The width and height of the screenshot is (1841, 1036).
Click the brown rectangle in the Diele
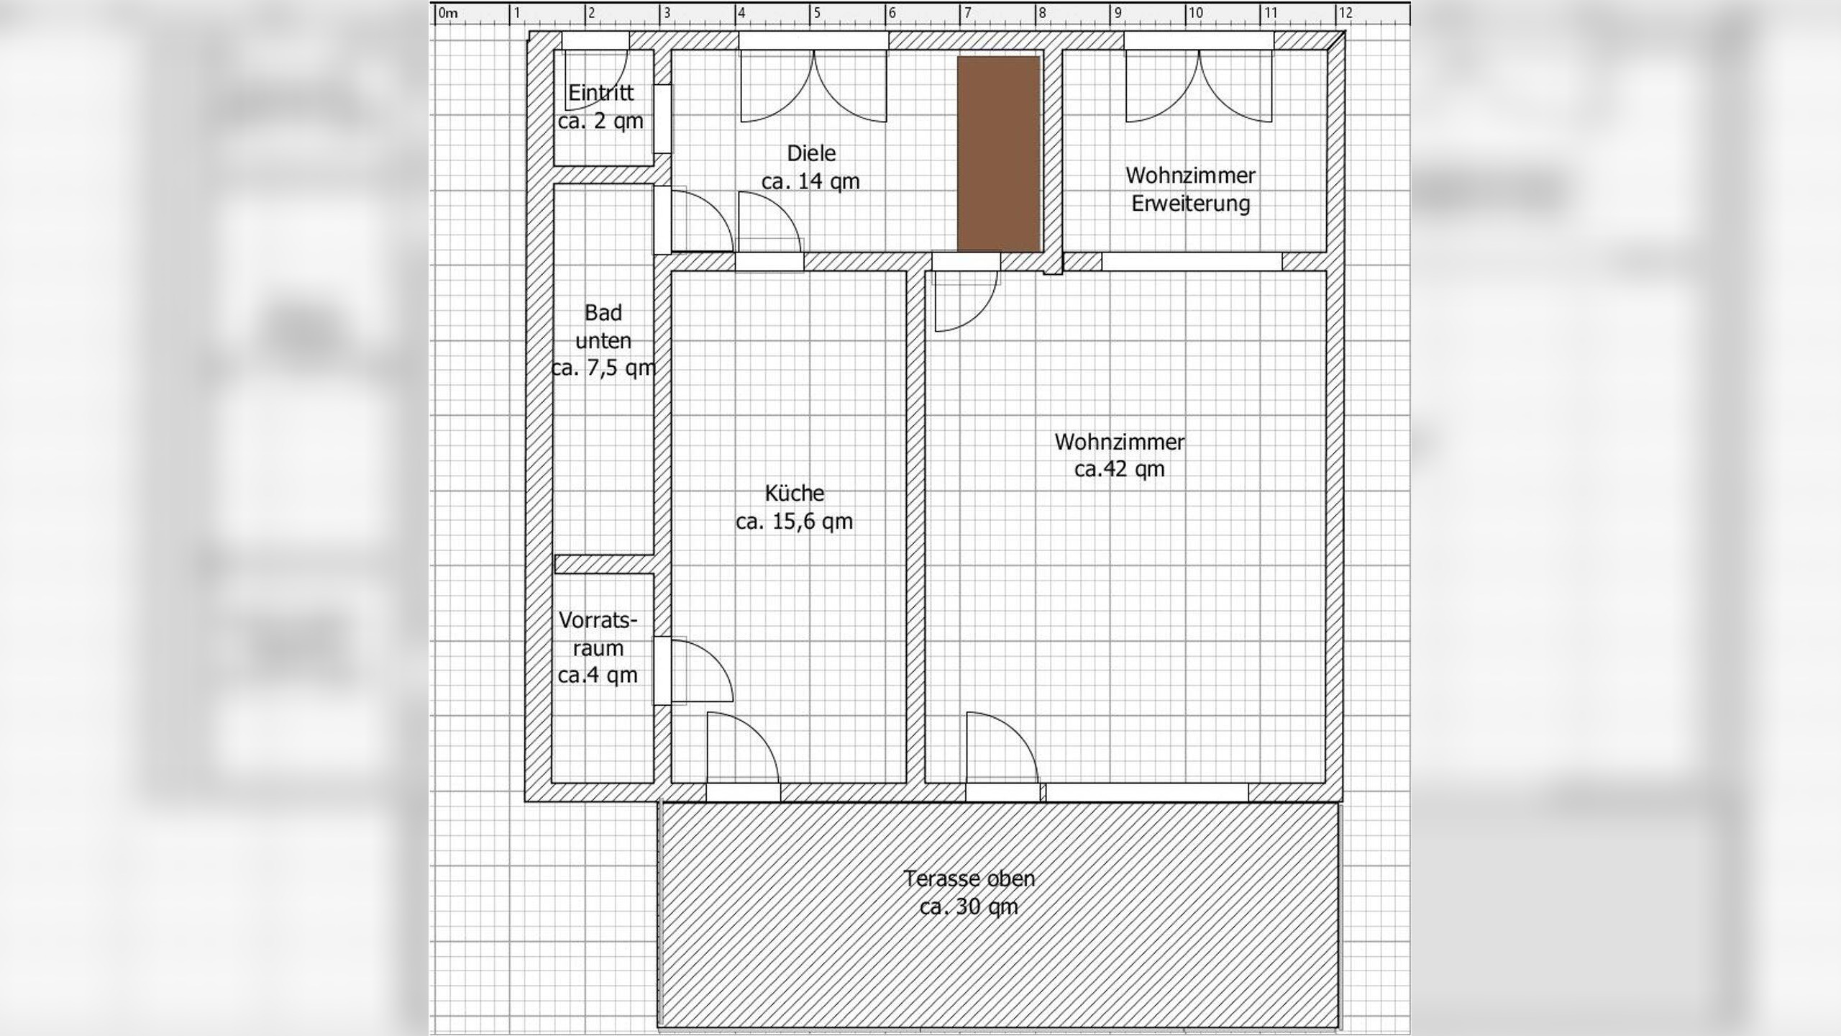point(999,154)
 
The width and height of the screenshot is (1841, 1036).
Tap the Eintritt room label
point(600,93)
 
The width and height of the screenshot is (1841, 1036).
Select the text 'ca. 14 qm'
point(810,181)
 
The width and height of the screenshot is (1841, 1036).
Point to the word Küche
point(794,493)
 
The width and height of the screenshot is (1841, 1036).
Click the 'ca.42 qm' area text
point(1120,469)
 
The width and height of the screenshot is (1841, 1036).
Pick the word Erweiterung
point(1190,204)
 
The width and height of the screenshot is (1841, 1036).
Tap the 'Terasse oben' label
point(969,878)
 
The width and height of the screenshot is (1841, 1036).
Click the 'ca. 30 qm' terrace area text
point(969,906)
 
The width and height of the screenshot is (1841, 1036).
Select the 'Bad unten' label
point(603,327)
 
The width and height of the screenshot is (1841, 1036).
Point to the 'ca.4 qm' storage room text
point(598,676)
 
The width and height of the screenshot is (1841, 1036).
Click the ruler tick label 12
point(1345,13)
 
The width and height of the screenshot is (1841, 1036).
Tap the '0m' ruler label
point(448,13)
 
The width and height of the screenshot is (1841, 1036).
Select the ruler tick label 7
point(967,13)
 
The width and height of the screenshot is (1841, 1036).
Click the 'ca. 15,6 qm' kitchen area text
point(794,521)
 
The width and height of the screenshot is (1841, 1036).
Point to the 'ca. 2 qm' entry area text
point(600,121)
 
